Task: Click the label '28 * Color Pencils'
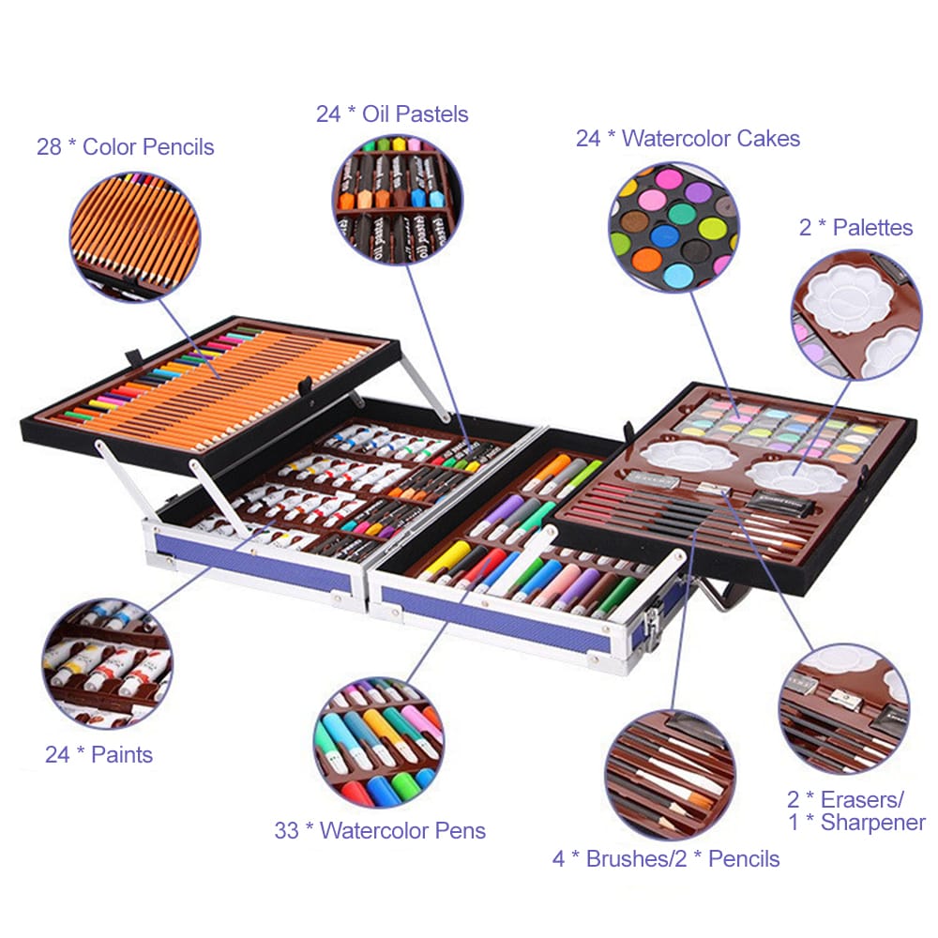tap(125, 147)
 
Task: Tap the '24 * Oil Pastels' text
tap(392, 114)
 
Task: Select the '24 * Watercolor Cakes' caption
tap(688, 139)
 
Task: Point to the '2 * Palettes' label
tap(855, 228)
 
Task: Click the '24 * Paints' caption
tap(98, 754)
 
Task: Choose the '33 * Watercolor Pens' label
tap(380, 830)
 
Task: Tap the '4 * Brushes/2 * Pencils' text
tap(666, 858)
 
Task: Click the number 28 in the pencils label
tap(49, 147)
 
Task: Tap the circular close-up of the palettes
tap(856, 314)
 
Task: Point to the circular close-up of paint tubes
tap(107, 665)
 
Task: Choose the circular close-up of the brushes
tap(670, 774)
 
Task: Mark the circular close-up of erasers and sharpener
tap(843, 708)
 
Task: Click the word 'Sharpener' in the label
tap(873, 824)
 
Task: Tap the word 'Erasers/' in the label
tap(862, 800)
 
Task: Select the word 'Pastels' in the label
tap(430, 114)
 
